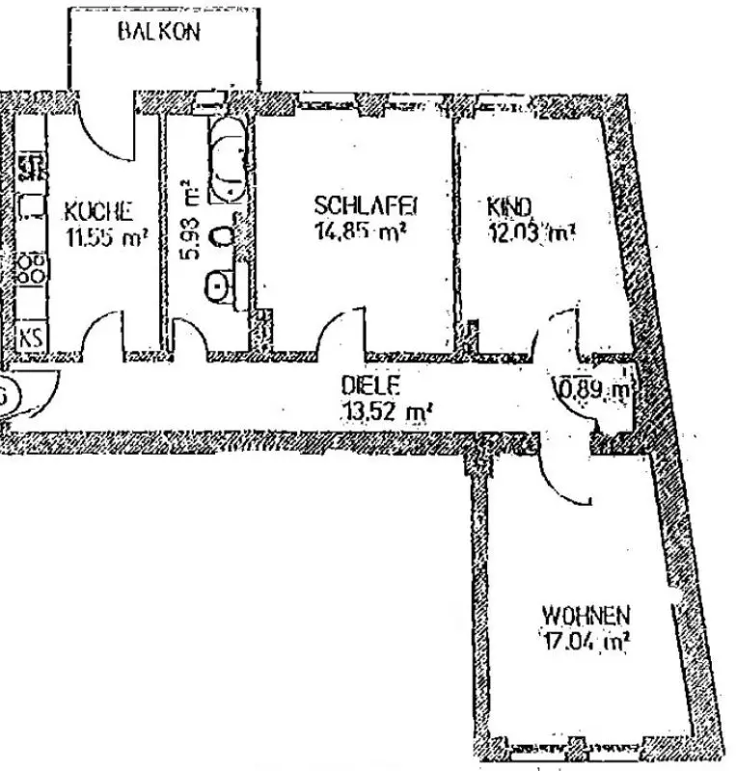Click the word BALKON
159,32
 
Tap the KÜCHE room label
98,210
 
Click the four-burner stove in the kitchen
32,267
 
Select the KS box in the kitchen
30,337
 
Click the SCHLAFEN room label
365,205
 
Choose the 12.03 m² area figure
533,232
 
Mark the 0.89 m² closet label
595,390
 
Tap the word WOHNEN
586,612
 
